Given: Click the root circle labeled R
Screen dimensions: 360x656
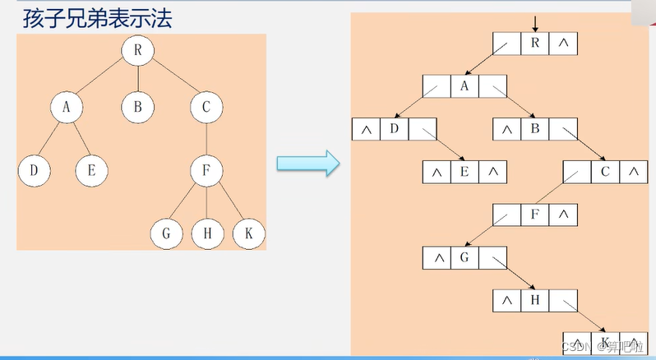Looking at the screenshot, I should pos(137,50).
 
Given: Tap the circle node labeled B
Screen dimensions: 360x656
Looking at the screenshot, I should pos(137,106).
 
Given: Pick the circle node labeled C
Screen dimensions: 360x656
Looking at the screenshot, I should pos(206,106).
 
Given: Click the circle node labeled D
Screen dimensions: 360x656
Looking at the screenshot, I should pos(34,171).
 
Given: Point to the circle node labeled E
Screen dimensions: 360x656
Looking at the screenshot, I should pos(90,171).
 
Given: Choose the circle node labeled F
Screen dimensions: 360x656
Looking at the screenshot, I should pos(206,171).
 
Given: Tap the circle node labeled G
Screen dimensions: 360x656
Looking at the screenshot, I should pos(166,234).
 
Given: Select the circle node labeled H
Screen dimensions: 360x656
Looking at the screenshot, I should pos(206,234).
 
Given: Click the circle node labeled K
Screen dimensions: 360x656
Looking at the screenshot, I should pos(247,234).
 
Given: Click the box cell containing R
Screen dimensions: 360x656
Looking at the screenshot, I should pos(534,44).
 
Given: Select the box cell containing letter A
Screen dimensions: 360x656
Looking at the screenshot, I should pos(464,86).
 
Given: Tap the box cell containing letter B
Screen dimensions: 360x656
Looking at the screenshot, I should pos(534,129).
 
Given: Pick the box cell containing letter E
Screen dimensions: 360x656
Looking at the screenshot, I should pos(464,172).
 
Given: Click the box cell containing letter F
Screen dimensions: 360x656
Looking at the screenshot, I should pos(534,215).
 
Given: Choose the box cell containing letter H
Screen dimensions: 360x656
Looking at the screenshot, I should pos(534,300).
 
